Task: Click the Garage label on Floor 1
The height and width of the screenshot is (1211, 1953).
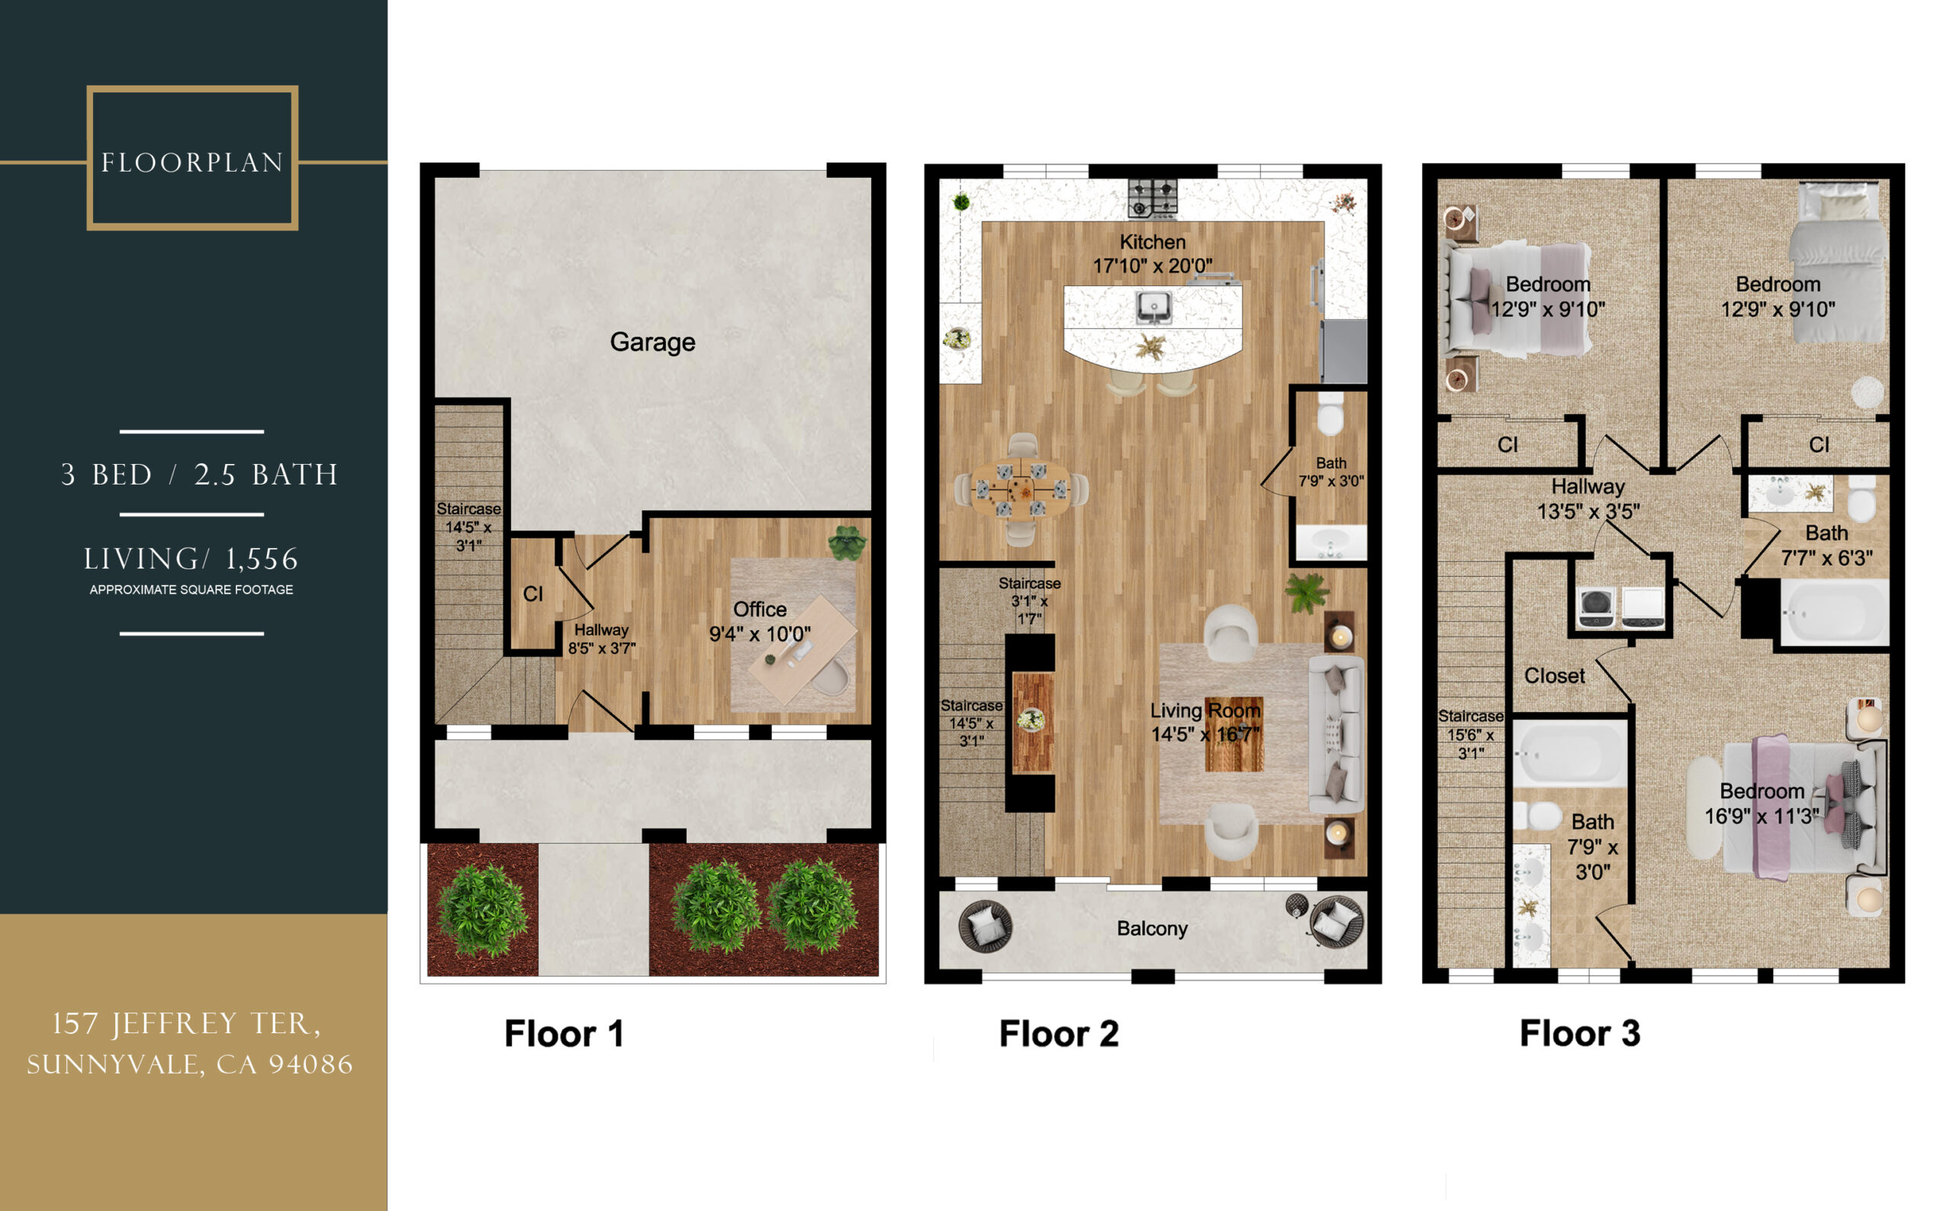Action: pyautogui.click(x=652, y=342)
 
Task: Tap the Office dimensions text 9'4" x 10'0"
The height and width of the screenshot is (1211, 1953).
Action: pyautogui.click(x=759, y=633)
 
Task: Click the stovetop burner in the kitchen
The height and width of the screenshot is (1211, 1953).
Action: pyautogui.click(x=1152, y=198)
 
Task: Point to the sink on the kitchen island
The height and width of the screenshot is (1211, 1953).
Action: pyautogui.click(x=1152, y=306)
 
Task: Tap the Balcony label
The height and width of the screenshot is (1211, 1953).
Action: pyautogui.click(x=1151, y=928)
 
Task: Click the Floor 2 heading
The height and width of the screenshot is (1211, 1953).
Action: pyautogui.click(x=1058, y=1033)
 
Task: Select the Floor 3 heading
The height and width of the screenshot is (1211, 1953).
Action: pyautogui.click(x=1579, y=1033)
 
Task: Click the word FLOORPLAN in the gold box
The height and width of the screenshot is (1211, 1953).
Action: pyautogui.click(x=192, y=163)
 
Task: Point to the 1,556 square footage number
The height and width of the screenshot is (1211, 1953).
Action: pyautogui.click(x=262, y=559)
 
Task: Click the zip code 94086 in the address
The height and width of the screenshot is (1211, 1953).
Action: pyautogui.click(x=310, y=1064)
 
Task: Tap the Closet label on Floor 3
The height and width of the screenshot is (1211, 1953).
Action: pyautogui.click(x=1553, y=675)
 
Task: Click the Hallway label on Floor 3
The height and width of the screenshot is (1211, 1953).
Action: pyautogui.click(x=1587, y=486)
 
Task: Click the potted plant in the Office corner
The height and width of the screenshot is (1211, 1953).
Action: pyautogui.click(x=847, y=543)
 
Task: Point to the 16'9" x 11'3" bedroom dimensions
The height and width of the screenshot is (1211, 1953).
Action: pyautogui.click(x=1761, y=816)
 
